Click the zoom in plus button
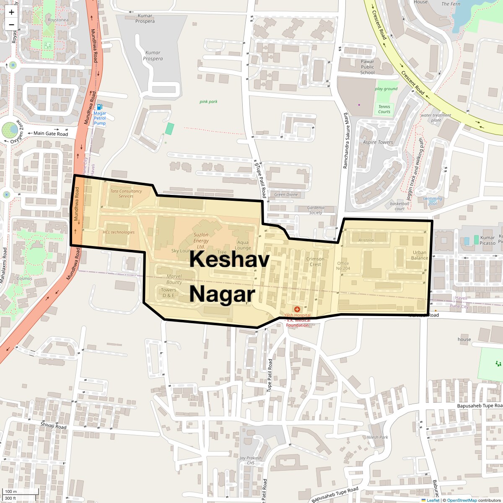(x=11, y=12)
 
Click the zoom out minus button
(x=11, y=25)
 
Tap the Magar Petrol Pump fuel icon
(x=100, y=107)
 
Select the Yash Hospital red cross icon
(x=297, y=309)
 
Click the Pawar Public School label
(x=367, y=67)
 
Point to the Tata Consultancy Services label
(x=126, y=194)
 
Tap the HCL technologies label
(x=119, y=232)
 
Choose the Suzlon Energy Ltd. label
(x=201, y=241)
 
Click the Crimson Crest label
(x=315, y=262)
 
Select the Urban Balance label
(x=420, y=255)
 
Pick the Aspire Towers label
(x=378, y=143)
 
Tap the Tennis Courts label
(x=384, y=109)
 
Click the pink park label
(x=208, y=101)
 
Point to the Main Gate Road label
(x=51, y=134)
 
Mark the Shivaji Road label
(x=53, y=426)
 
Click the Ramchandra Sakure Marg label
(x=346, y=141)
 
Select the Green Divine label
(x=286, y=194)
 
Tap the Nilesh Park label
(x=377, y=437)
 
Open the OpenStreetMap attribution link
(x=462, y=500)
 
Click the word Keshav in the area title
(x=229, y=259)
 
